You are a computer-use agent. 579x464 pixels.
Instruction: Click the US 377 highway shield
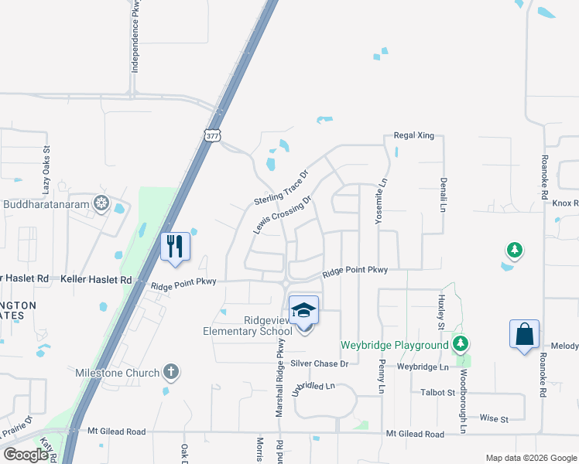click(214, 135)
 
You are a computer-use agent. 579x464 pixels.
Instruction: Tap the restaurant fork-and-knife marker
click(175, 247)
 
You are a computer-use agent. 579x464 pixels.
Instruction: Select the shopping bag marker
click(524, 334)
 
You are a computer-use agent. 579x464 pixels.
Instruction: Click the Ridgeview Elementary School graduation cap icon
click(304, 310)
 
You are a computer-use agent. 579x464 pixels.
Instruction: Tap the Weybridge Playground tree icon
click(461, 343)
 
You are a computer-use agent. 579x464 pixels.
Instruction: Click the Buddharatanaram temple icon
click(100, 204)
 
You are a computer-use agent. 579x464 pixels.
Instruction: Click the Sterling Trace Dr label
click(281, 188)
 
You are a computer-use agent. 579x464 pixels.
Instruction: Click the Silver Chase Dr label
click(320, 363)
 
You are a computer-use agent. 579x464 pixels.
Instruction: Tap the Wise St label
click(493, 419)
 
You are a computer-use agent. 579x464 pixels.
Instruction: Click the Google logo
click(26, 455)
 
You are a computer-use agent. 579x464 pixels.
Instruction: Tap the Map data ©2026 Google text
click(530, 458)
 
